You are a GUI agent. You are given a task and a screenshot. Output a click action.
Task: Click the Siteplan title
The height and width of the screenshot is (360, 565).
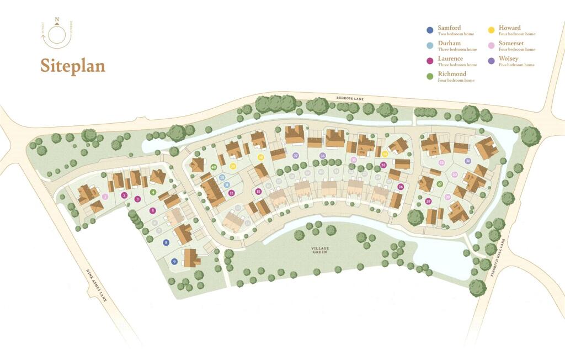(73, 66)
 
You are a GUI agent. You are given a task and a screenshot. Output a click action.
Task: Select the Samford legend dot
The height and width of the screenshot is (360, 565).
(430, 30)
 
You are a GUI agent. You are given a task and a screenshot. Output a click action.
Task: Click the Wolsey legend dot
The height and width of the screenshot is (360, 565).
(491, 61)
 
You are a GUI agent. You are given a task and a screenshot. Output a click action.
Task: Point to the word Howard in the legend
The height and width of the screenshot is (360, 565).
(509, 28)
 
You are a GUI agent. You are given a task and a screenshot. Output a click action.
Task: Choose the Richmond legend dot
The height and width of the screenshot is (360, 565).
(430, 77)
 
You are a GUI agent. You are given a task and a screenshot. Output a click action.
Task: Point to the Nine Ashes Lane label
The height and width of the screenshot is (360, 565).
(95, 285)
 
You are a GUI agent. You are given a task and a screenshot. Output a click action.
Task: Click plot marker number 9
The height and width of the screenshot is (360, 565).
(174, 262)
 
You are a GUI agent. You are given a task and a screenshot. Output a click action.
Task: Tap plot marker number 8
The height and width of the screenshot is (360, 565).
(166, 242)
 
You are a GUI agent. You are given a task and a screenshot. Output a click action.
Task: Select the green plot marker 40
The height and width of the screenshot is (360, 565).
(214, 167)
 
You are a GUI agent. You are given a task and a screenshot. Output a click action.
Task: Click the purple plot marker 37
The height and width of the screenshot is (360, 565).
(296, 156)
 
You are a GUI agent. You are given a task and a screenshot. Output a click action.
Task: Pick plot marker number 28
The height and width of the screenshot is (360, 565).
(429, 202)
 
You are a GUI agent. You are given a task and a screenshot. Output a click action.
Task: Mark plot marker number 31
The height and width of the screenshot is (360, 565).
(467, 161)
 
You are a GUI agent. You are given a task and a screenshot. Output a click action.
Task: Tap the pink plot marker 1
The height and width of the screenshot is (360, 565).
(105, 196)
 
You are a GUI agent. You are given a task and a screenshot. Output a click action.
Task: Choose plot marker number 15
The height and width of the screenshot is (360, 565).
(258, 192)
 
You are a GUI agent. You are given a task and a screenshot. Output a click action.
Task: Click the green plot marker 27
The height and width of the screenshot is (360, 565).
(440, 184)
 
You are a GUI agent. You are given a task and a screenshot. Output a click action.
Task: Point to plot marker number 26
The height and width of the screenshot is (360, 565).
(401, 187)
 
